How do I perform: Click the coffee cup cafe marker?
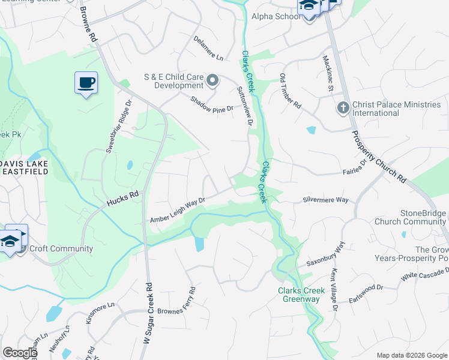pos(86,82)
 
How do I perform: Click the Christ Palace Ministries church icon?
pos(343,108)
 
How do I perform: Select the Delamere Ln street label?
pos(208,48)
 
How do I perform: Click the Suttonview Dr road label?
pos(246,106)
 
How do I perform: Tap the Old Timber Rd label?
pos(291,91)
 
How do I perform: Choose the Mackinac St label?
pos(328,74)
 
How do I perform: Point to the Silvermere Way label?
pos(325,200)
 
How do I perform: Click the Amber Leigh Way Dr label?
pos(178,211)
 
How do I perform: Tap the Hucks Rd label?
pos(122,199)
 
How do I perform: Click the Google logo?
pos(20,353)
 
